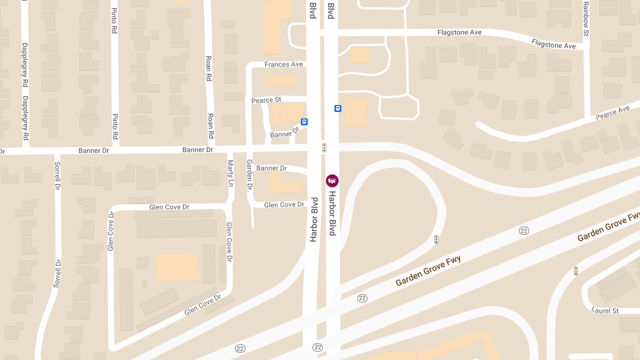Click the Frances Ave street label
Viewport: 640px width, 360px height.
click(x=283, y=65)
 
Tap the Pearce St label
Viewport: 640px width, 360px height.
click(x=266, y=100)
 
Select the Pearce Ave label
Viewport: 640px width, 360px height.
click(x=613, y=113)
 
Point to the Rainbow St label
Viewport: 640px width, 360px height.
click(x=586, y=19)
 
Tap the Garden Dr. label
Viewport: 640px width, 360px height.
click(x=249, y=175)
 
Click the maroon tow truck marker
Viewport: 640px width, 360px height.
click(x=332, y=181)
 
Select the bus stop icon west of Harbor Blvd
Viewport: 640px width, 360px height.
click(x=304, y=122)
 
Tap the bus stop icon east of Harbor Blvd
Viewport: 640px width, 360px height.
click(x=338, y=109)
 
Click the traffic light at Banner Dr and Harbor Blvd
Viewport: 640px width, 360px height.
click(x=324, y=148)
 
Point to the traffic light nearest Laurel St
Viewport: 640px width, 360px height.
click(x=576, y=271)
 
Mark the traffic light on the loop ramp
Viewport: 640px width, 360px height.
click(x=436, y=239)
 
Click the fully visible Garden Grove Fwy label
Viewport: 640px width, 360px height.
click(x=428, y=271)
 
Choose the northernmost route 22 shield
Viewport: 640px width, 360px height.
click(x=524, y=230)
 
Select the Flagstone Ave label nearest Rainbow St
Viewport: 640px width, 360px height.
click(x=554, y=44)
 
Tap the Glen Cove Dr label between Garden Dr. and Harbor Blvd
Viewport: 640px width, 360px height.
click(x=284, y=205)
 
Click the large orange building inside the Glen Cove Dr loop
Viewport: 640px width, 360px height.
click(x=177, y=267)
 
